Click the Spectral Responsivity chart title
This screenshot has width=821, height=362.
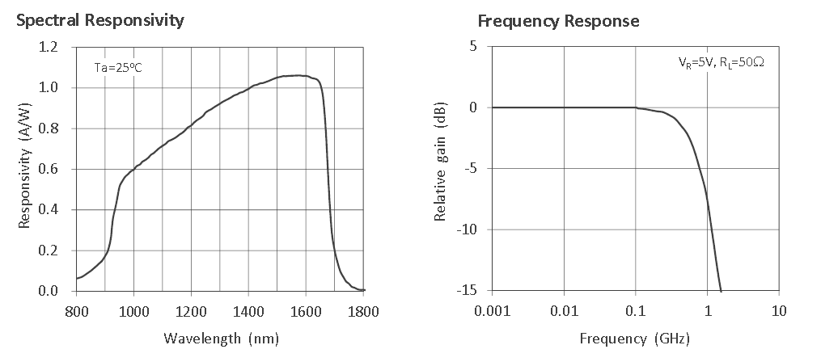point(100,20)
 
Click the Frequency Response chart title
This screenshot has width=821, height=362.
point(558,20)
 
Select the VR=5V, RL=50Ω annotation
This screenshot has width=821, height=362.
point(720,61)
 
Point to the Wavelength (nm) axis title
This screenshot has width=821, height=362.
point(221,338)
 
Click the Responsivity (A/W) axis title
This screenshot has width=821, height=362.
point(24,169)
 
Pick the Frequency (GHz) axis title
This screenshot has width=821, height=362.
point(634,338)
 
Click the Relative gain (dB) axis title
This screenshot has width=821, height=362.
point(441,169)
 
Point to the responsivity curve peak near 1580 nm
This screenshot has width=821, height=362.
point(300,75)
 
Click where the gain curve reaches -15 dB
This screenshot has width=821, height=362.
point(721,290)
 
